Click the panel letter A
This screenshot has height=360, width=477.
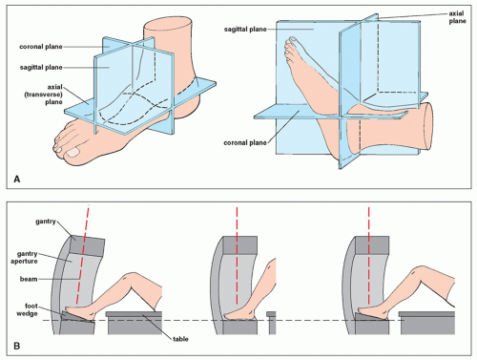pos(17,180)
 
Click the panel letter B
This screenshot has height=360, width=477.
pos(17,346)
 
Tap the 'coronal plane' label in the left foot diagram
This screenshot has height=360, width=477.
pos(41,47)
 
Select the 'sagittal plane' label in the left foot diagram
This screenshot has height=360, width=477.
pos(41,68)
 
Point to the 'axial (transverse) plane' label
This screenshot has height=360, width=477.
pos(44,95)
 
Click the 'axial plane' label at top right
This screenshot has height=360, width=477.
pos(457,17)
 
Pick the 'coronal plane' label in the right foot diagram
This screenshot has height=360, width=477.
pos(245,143)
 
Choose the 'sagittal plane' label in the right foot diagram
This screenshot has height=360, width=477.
pos(245,30)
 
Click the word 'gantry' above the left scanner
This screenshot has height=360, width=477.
pos(46,222)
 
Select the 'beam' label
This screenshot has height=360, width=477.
pos(29,279)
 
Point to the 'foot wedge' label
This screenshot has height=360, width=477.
pos(31,309)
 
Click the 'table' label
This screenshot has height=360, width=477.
pos(180,339)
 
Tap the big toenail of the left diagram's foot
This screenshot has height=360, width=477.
pos(73,153)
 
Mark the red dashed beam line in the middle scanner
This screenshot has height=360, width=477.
pos(237,255)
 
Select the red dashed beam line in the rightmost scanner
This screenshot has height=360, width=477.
pos(369,255)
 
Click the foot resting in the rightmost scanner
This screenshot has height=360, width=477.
pos(372,312)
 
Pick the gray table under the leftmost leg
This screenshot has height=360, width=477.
pos(135,323)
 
